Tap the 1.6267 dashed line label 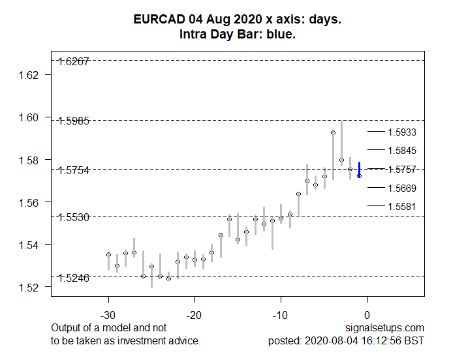click(x=74, y=62)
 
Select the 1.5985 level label click(x=74, y=121)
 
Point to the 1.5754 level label click(x=74, y=170)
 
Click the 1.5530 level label click(x=74, y=217)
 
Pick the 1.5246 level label click(x=74, y=277)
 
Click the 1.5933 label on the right click(x=402, y=132)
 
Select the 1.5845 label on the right click(x=402, y=151)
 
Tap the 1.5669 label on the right click(x=402, y=188)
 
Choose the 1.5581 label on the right click(x=402, y=207)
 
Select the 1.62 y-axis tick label click(x=30, y=75)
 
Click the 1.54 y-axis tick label click(x=30, y=245)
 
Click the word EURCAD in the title click(x=157, y=20)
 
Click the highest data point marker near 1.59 click(x=333, y=132)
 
